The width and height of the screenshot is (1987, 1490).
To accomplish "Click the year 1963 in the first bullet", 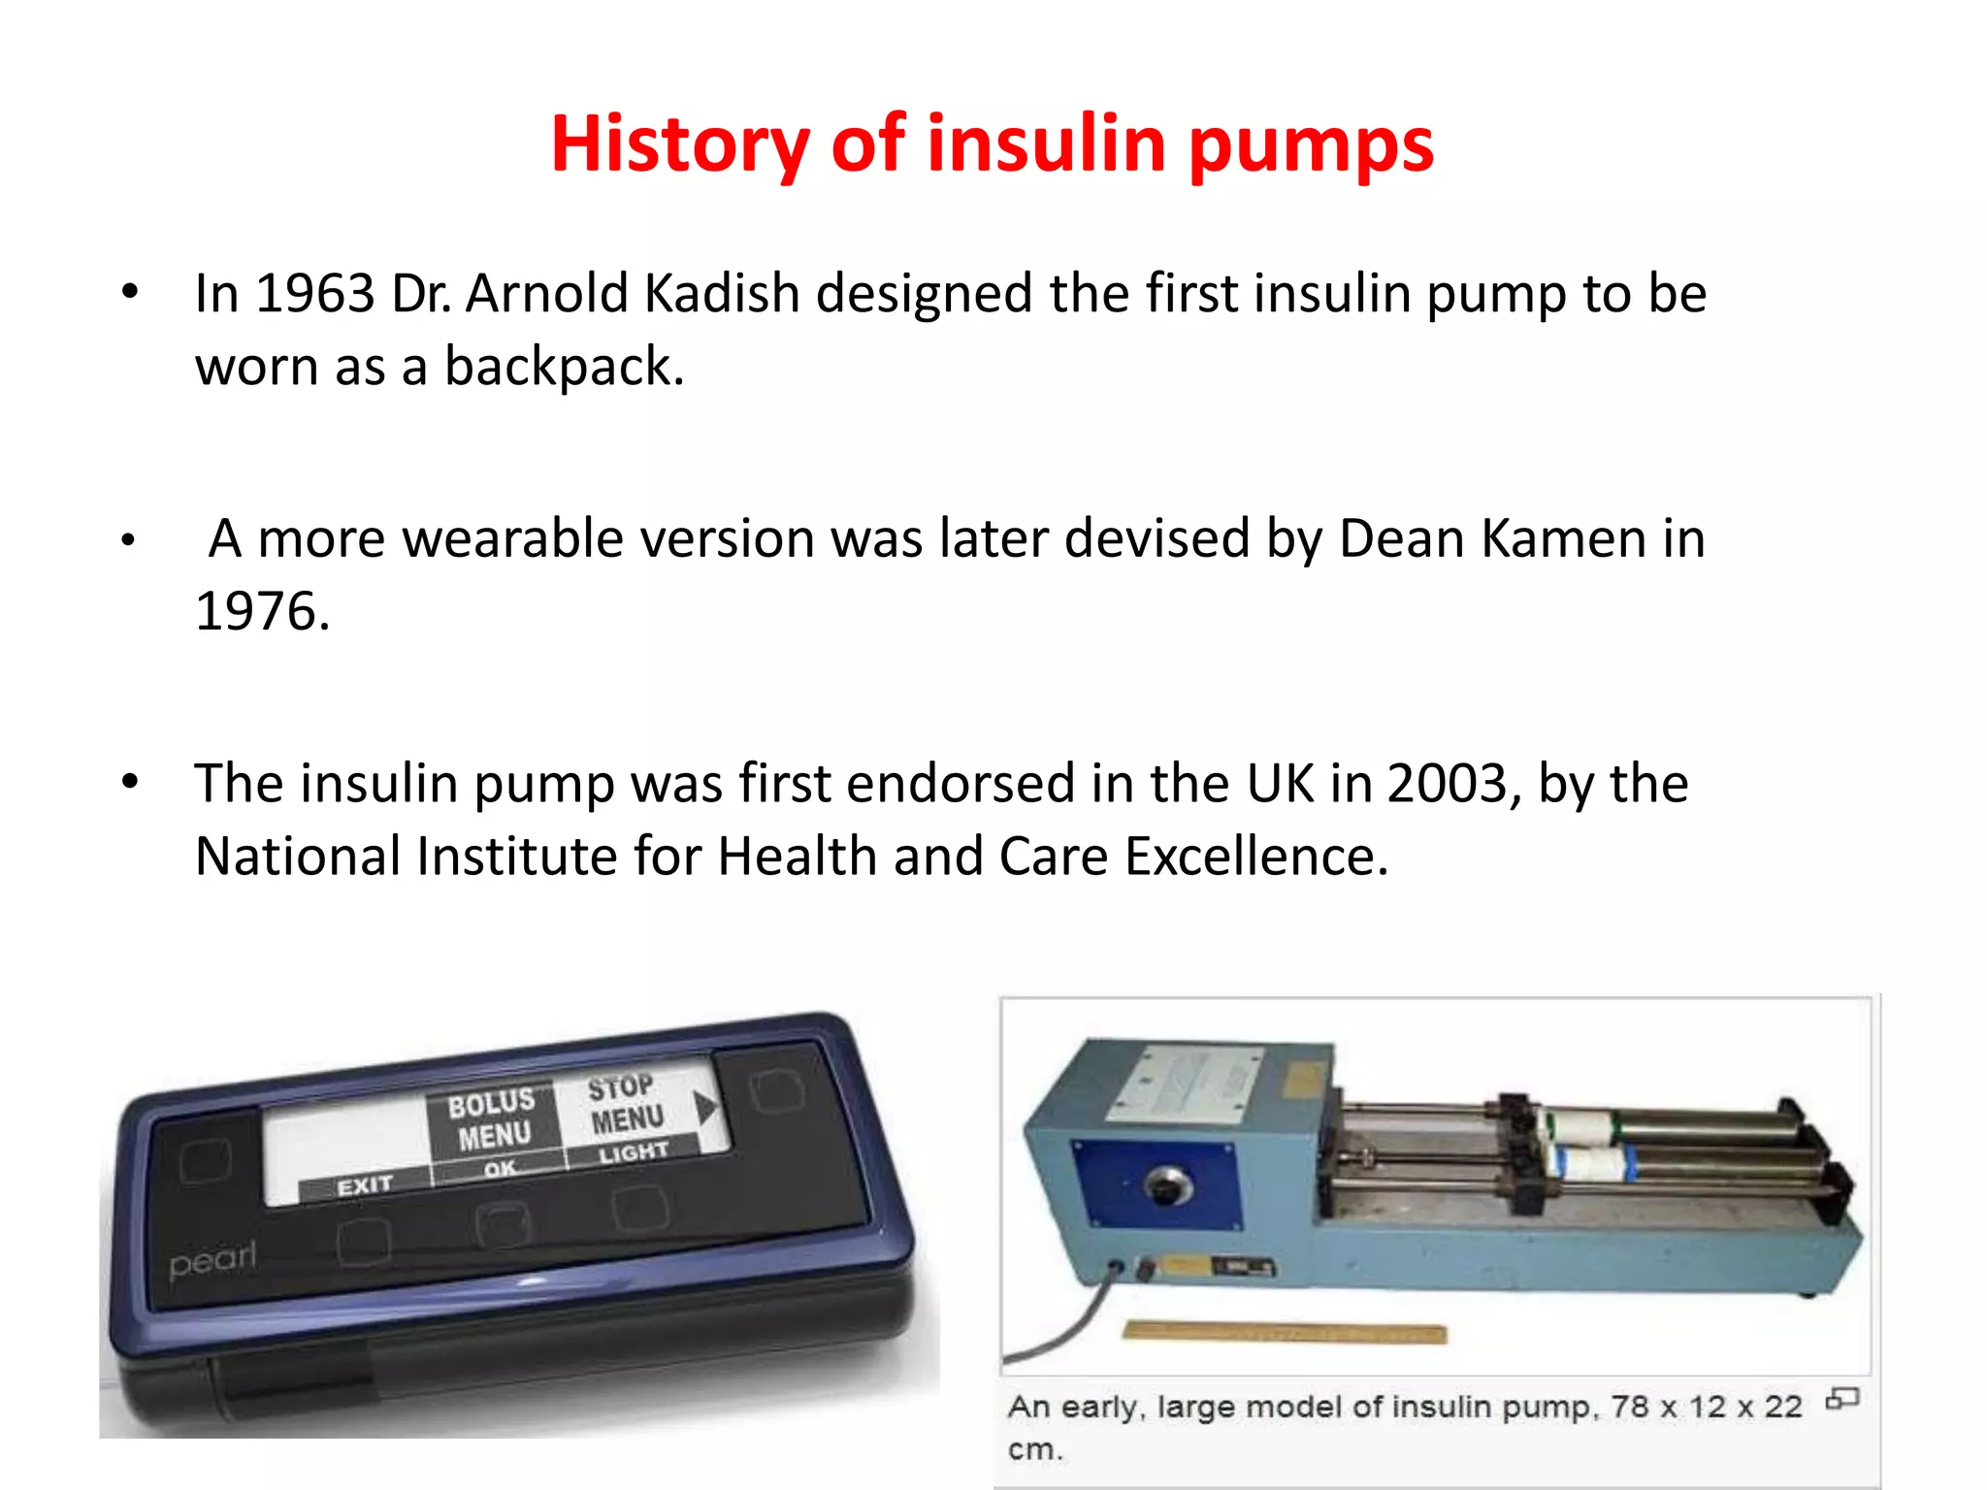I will click(x=314, y=293).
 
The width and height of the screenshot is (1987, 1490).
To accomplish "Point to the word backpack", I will click(x=564, y=367).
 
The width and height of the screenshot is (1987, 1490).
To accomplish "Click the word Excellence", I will click(x=1256, y=857).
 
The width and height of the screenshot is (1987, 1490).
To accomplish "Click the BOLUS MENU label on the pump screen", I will click(x=493, y=1118).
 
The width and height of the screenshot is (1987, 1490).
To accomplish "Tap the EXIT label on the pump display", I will click(x=365, y=1185).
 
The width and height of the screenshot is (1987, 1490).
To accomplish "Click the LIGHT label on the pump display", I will click(x=633, y=1152).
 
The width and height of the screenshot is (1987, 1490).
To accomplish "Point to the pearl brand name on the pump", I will click(x=212, y=1260).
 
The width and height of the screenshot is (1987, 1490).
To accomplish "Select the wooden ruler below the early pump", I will click(x=1284, y=1334).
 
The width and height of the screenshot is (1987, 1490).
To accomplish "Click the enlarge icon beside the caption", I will click(x=1841, y=1399).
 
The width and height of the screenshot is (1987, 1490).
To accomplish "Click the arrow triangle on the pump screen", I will click(x=705, y=1107).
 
